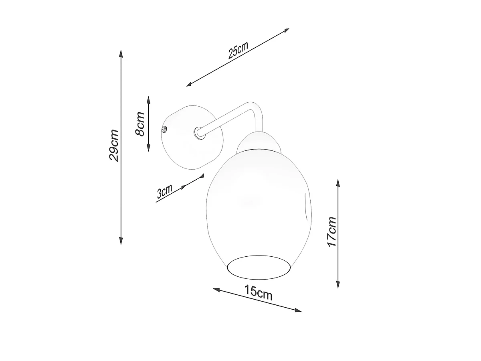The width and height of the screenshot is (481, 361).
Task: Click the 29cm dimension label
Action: pyautogui.click(x=114, y=146)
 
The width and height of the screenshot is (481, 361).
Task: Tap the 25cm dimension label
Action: pyautogui.click(x=238, y=50)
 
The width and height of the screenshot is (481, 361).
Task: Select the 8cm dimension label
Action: pyautogui.click(x=140, y=124)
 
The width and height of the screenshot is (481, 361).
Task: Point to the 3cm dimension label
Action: pyautogui.click(x=164, y=191)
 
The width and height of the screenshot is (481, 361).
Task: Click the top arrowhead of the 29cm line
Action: pyautogui.click(x=121, y=54)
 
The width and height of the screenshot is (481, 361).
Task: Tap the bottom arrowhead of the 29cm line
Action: pyautogui.click(x=121, y=240)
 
